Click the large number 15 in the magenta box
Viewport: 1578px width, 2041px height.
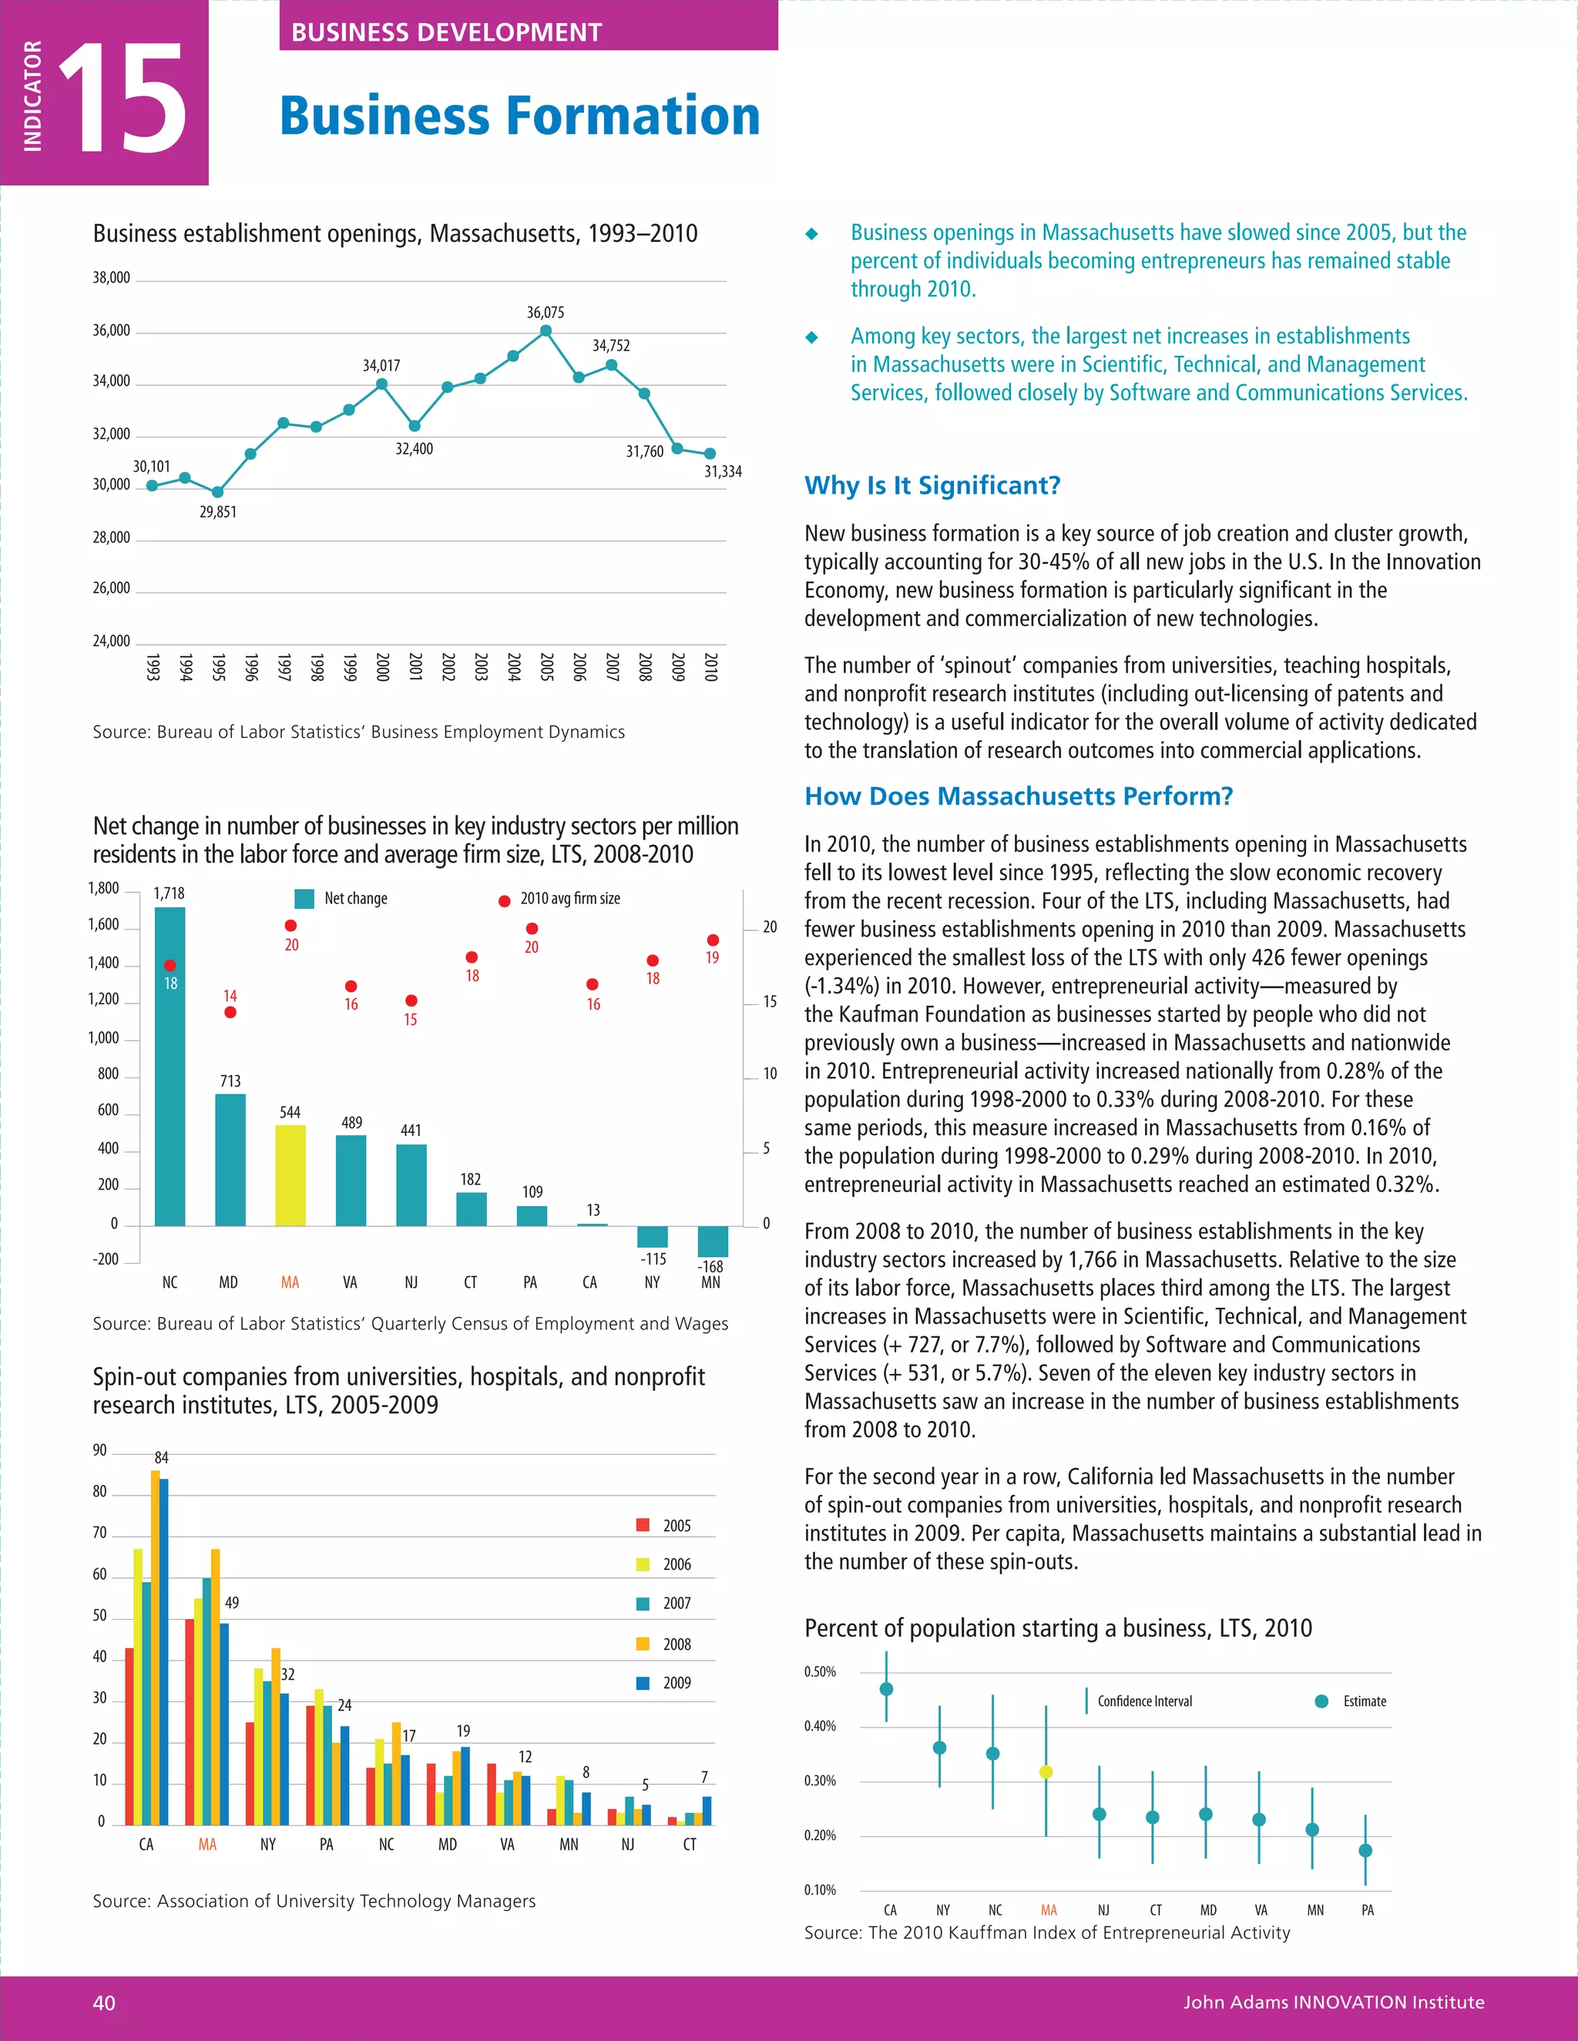(123, 99)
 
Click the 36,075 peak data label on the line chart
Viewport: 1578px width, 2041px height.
(545, 312)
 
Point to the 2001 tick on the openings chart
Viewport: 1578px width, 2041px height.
(414, 666)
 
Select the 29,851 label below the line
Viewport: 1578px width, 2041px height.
(218, 512)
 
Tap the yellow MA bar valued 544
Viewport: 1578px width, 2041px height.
(290, 1175)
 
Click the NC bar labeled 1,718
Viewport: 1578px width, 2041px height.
(170, 1065)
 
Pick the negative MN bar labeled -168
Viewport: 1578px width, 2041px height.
(713, 1241)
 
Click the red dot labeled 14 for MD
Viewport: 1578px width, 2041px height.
(230, 1012)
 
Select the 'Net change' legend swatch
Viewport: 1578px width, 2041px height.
(304, 899)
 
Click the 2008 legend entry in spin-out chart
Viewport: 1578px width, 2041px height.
(666, 1644)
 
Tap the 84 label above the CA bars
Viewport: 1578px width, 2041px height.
(162, 1458)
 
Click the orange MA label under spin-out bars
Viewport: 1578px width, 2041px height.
(207, 1844)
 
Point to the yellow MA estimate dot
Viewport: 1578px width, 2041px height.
(1046, 1772)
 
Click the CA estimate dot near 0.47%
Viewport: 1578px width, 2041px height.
(886, 1689)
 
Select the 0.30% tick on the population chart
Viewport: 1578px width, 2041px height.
(820, 1780)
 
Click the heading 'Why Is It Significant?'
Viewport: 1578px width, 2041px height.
(932, 486)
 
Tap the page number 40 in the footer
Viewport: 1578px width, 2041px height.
(105, 2002)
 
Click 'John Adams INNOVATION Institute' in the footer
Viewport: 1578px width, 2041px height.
(1333, 2002)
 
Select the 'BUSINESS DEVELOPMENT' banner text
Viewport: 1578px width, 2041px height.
(446, 32)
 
